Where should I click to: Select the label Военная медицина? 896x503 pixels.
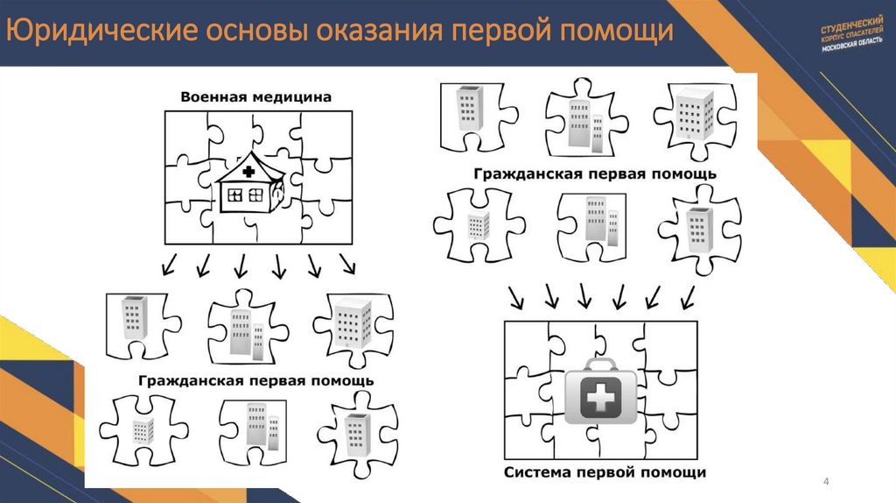click(256, 97)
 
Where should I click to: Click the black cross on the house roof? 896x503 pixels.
click(248, 171)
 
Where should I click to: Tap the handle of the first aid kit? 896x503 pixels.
click(599, 364)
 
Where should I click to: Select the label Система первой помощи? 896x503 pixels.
click(605, 473)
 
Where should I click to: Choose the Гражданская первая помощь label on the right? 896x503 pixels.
click(596, 174)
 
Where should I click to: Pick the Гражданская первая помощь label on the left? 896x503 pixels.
click(256, 381)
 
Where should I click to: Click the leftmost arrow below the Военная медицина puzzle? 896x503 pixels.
click(170, 263)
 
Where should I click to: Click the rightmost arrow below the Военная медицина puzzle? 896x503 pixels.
click(347, 263)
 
